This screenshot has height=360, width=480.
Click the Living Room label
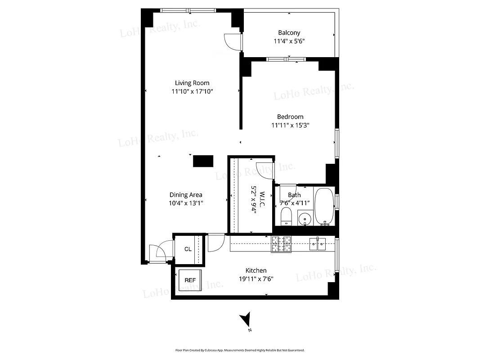[192, 83]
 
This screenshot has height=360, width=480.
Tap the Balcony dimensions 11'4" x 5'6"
[289, 41]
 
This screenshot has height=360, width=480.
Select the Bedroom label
[290, 117]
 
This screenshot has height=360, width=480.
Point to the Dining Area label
[185, 195]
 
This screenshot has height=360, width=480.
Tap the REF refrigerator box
[190, 280]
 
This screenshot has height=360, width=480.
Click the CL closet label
[188, 249]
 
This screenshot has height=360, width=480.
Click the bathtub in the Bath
[323, 206]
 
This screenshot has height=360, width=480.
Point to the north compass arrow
[245, 320]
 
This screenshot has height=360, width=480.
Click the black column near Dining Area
[203, 161]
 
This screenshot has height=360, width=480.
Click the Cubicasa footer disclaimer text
[240, 350]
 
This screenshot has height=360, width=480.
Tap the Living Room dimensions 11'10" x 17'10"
[192, 91]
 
